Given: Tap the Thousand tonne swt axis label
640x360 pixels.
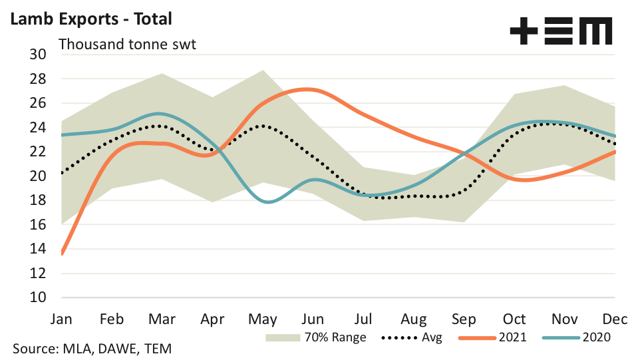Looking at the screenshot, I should pos(127,45).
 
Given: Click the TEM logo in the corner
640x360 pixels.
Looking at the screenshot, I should pos(560,31).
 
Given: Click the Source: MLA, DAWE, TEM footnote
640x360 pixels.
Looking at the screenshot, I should pos(92,348).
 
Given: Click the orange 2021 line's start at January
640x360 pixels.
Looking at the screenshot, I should pos(62,254).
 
